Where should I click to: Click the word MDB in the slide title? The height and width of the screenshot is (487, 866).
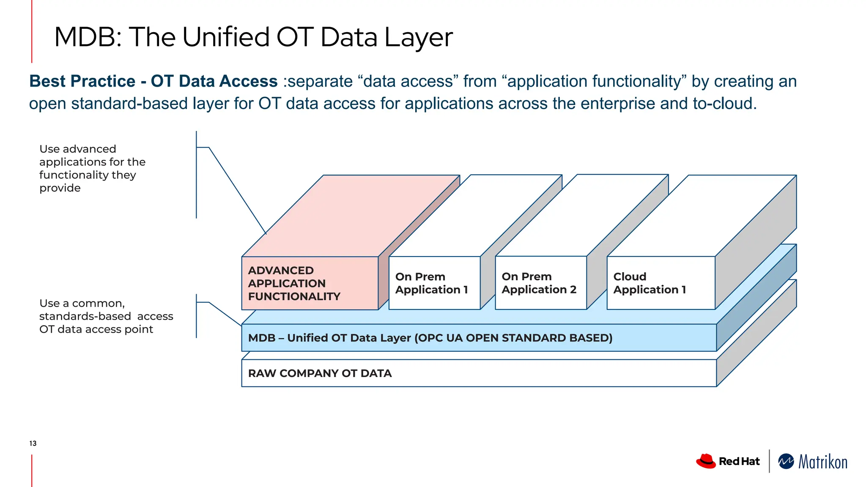point(85,37)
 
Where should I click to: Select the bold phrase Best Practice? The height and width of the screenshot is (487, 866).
point(82,81)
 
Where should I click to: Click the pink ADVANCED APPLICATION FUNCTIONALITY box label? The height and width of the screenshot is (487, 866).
point(294,283)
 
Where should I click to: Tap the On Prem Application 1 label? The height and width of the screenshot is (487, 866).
point(431,283)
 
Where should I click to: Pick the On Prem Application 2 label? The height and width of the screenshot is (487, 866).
point(539,283)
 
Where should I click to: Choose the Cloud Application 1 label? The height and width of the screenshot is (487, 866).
point(649,283)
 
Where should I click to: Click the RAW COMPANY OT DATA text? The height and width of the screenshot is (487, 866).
point(320,373)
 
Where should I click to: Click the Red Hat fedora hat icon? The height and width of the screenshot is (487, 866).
point(706,461)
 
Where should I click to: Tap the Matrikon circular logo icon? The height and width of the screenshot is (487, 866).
point(786,461)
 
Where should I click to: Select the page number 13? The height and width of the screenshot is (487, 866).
point(33,443)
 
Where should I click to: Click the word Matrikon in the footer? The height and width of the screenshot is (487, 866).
point(823,462)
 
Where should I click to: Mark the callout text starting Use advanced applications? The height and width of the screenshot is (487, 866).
point(92,168)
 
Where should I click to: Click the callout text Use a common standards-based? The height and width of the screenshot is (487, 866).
point(106,316)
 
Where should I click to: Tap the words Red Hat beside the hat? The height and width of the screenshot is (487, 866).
point(739,461)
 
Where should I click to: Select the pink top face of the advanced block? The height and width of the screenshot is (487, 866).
point(351,216)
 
